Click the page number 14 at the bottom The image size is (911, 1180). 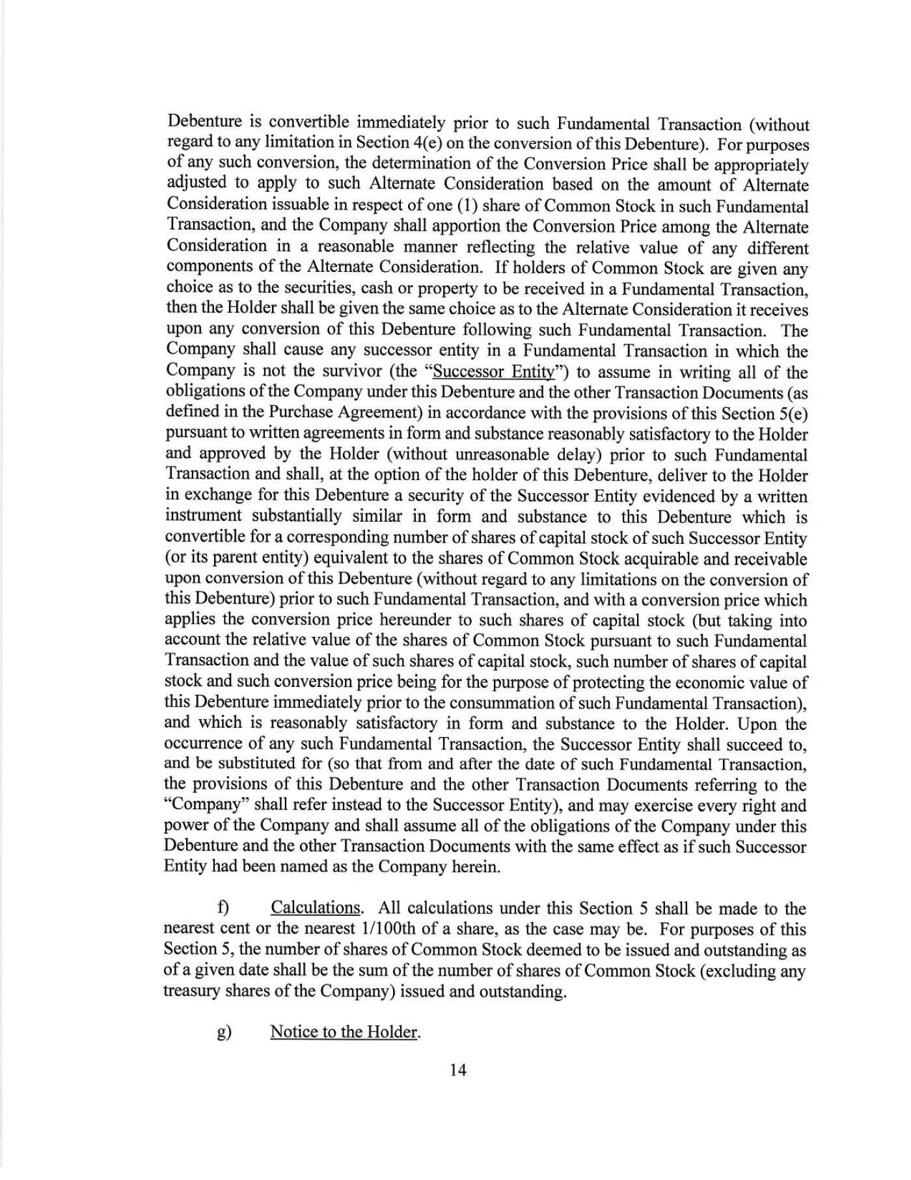457,1070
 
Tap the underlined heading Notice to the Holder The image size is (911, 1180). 343,1032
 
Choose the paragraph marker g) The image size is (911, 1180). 224,1032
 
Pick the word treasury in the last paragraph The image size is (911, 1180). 195,991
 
